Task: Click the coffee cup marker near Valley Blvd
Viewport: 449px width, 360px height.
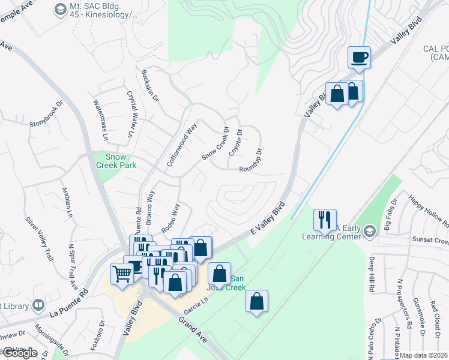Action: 359,58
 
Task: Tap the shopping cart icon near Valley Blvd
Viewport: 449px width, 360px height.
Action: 122,274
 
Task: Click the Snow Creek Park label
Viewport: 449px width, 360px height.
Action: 117,161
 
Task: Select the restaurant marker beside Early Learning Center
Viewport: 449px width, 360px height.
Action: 325,220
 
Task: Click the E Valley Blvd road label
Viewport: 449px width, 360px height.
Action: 268,220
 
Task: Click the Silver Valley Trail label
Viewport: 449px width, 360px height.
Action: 37,238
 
